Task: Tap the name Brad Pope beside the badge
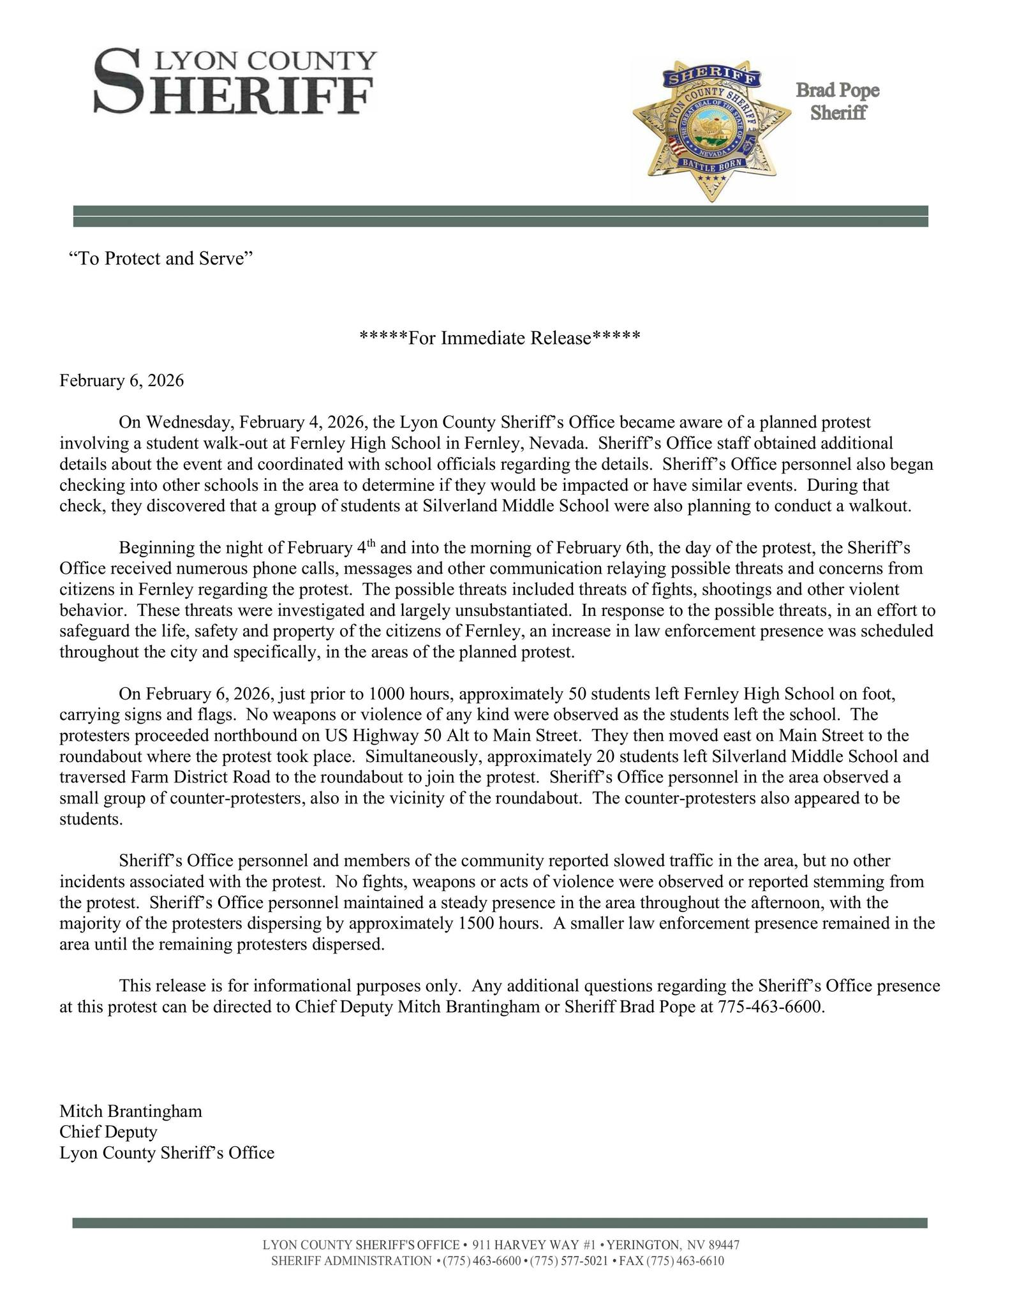point(837,91)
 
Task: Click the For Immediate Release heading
point(500,338)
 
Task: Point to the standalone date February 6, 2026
point(121,381)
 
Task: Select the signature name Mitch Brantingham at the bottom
point(131,1111)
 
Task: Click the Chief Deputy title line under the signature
point(108,1132)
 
